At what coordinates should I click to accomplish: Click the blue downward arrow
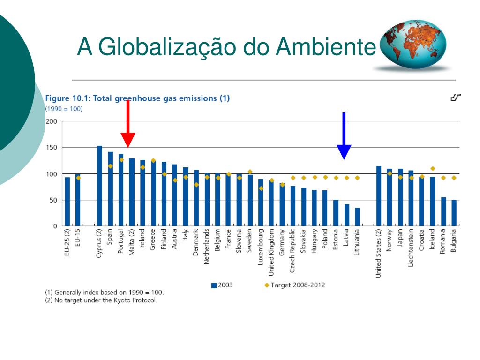pos(344,136)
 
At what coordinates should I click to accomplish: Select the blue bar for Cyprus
pos(99,186)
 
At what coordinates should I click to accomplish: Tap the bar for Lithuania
pos(357,217)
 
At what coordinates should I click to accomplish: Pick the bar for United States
pos(379,196)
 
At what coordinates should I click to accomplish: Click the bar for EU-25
pos(67,202)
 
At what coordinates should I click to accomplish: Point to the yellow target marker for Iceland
pos(433,169)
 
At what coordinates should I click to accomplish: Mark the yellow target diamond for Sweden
pos(250,172)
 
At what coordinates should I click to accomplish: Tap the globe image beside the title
pos(412,45)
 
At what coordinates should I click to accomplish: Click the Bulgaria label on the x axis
pos(453,241)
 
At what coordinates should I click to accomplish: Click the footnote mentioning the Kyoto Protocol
pos(101,300)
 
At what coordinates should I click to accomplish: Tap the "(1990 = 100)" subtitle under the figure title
pos(64,109)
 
